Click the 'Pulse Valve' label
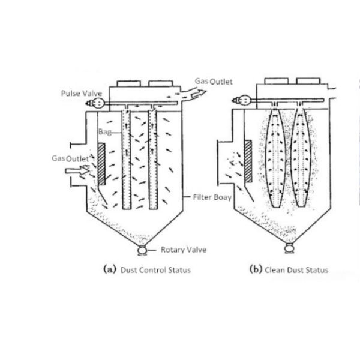point(79,93)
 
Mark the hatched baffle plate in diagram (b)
point(248,158)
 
